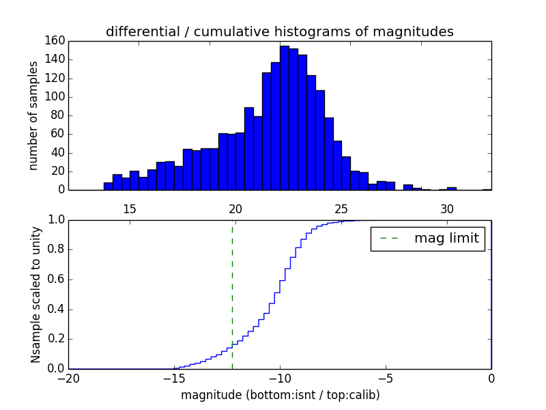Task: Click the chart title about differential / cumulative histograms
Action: tap(279, 32)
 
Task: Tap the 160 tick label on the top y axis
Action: tap(56, 41)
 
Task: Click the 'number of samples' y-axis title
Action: tap(33, 115)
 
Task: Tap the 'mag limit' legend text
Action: tap(446, 238)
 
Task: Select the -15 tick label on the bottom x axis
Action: tap(174, 379)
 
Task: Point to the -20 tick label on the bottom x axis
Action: tap(68, 379)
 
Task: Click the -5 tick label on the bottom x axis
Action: tap(386, 379)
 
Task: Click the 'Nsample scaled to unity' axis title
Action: tap(36, 294)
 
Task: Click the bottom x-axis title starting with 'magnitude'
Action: tap(280, 395)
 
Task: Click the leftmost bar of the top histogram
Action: tap(108, 187)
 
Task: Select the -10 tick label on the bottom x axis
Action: tap(280, 379)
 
